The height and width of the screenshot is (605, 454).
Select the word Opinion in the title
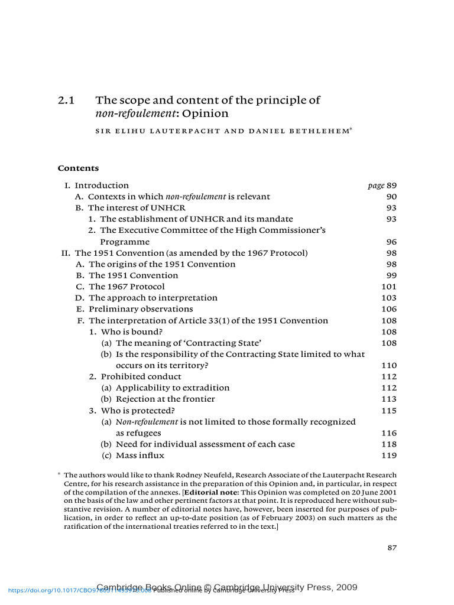209,113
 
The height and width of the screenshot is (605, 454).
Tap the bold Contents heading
78,168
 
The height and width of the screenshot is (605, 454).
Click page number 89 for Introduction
391,186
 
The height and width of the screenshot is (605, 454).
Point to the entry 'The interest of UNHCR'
137,208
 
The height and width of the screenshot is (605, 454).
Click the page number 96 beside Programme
391,242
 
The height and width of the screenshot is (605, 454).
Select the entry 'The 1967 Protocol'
127,287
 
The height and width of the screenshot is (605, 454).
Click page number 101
390,287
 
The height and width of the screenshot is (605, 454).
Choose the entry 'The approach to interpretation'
153,298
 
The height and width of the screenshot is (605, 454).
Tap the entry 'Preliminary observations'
141,309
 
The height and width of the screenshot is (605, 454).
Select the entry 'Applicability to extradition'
173,388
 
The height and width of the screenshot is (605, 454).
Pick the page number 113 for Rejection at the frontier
390,399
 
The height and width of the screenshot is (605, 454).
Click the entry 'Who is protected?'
138,411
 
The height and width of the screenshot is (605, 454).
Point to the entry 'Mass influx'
140,456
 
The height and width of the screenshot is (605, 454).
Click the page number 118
390,444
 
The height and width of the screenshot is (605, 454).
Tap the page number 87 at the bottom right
392,548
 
